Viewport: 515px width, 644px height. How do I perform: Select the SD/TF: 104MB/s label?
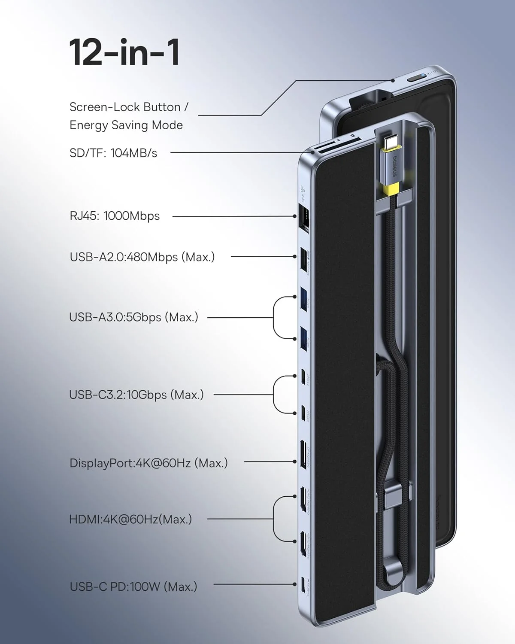click(x=113, y=152)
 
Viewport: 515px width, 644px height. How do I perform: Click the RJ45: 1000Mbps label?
click(x=115, y=216)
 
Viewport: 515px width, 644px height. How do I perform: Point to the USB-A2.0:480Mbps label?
click(x=142, y=257)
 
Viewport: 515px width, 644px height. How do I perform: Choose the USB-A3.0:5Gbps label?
click(x=133, y=317)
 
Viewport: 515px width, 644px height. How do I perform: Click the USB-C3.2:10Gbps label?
click(x=136, y=395)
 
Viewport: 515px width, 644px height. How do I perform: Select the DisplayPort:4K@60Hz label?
click(x=148, y=463)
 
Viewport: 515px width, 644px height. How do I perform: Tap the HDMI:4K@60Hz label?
click(x=130, y=519)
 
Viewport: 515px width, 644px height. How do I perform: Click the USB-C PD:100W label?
click(x=133, y=586)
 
